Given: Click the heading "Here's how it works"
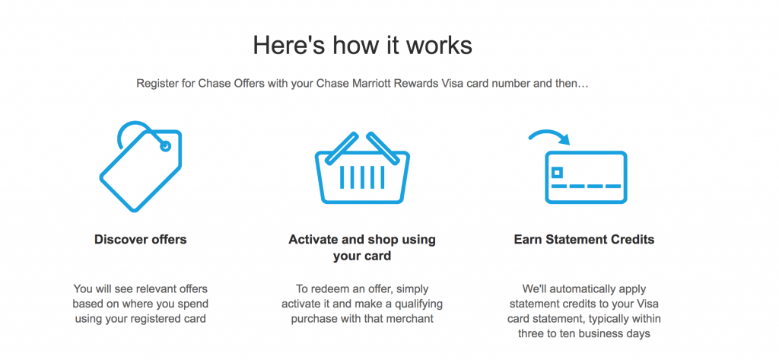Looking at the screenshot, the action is (362, 45).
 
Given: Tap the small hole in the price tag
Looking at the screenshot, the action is (165, 145).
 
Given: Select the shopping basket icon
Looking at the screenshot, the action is (362, 167).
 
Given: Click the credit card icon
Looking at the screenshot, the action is (586, 177).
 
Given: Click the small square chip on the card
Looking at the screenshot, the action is (558, 172).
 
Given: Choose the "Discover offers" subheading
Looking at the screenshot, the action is (141, 240).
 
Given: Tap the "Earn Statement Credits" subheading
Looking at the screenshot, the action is (584, 240).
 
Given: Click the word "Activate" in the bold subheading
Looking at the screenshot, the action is (310, 240).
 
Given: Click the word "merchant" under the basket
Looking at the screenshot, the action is (412, 318).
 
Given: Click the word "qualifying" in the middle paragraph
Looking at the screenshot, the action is (418, 304).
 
